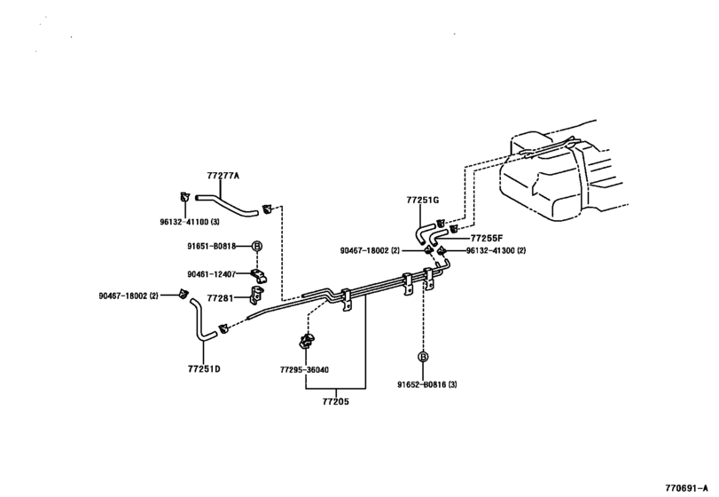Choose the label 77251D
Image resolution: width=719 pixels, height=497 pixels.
tap(204, 367)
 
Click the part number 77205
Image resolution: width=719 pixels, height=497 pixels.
tap(336, 401)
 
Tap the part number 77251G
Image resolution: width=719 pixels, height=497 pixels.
tap(423, 201)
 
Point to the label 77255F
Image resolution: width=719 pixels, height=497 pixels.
tap(487, 238)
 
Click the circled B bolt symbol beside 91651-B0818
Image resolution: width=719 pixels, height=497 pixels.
tap(257, 246)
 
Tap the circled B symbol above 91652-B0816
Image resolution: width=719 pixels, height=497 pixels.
tap(424, 357)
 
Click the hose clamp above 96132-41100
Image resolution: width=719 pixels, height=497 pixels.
tap(184, 196)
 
